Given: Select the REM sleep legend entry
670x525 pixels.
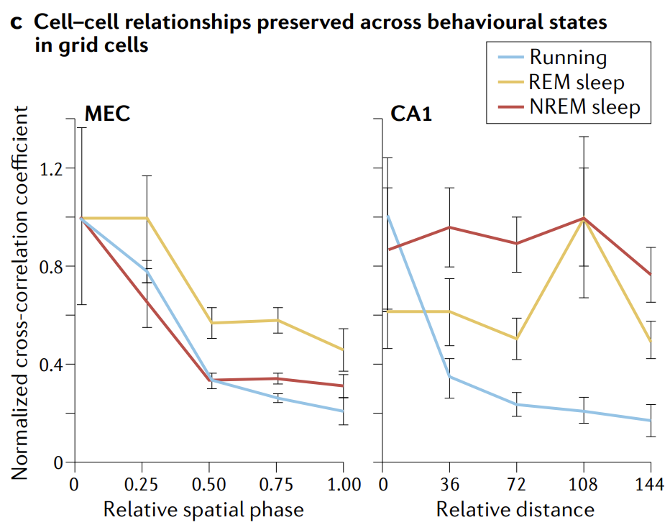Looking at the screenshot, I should point(577,83).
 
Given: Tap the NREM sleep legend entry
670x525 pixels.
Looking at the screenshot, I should point(584,108).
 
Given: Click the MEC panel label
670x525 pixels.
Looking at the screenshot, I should point(107,114).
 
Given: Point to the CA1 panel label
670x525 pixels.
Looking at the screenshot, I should point(410,114).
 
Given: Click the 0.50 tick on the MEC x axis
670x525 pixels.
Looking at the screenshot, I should point(209,485).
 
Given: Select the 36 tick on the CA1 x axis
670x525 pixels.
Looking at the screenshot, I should point(449,485).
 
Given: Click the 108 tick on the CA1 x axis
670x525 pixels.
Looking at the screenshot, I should point(583,485).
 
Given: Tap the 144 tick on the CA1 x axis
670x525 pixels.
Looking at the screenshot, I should point(649,485).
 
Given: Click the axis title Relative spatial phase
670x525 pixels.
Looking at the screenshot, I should point(203,510).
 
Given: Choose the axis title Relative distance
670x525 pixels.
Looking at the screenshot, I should point(515,510).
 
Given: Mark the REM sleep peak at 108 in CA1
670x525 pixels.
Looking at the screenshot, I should point(584,219).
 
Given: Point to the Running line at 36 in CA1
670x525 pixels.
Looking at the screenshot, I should point(449,376).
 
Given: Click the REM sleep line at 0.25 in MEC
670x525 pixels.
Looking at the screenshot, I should point(147,218).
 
